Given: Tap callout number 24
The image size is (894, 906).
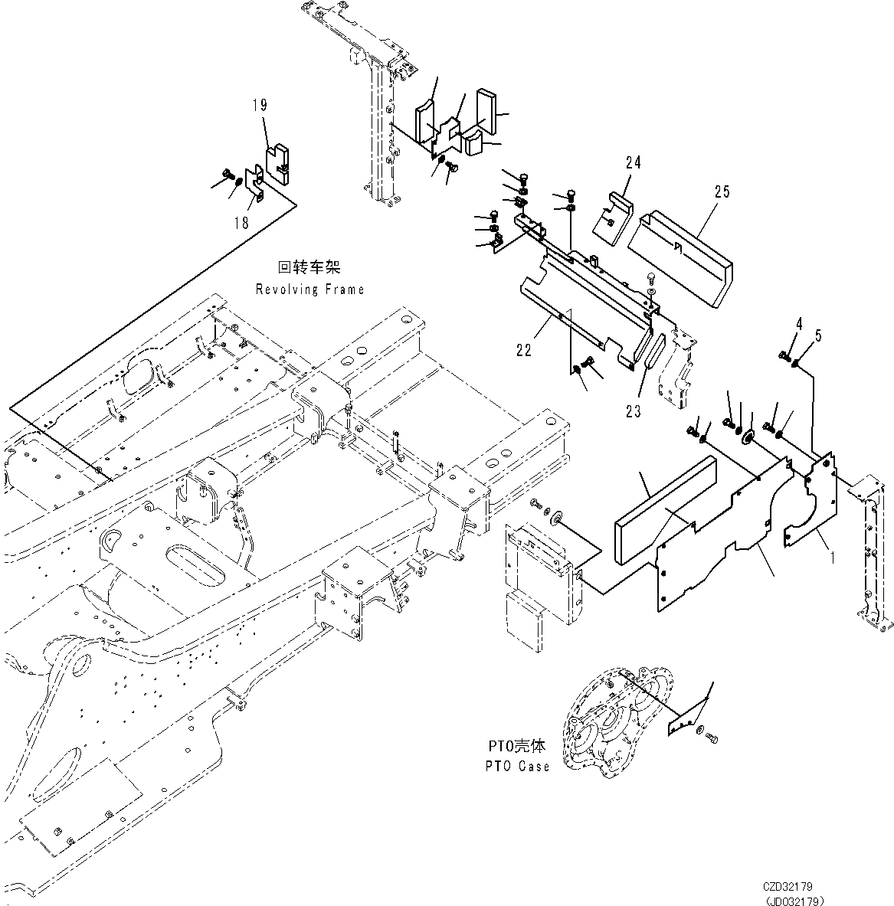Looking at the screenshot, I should [x=632, y=162].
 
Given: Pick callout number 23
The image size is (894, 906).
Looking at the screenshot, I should [x=632, y=411].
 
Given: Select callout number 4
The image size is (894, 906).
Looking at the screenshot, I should [x=798, y=323].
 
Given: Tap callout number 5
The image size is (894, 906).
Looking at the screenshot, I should [x=818, y=334].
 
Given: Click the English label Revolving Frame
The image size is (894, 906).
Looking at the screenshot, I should [x=309, y=289].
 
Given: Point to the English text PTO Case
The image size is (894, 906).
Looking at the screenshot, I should [x=518, y=766].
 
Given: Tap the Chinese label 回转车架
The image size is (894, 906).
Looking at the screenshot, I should [x=308, y=268].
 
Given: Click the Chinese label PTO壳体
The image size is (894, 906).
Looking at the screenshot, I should [x=516, y=747].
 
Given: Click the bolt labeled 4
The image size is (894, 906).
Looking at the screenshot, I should [x=781, y=355].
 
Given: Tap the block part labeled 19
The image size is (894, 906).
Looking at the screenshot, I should [x=279, y=165].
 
